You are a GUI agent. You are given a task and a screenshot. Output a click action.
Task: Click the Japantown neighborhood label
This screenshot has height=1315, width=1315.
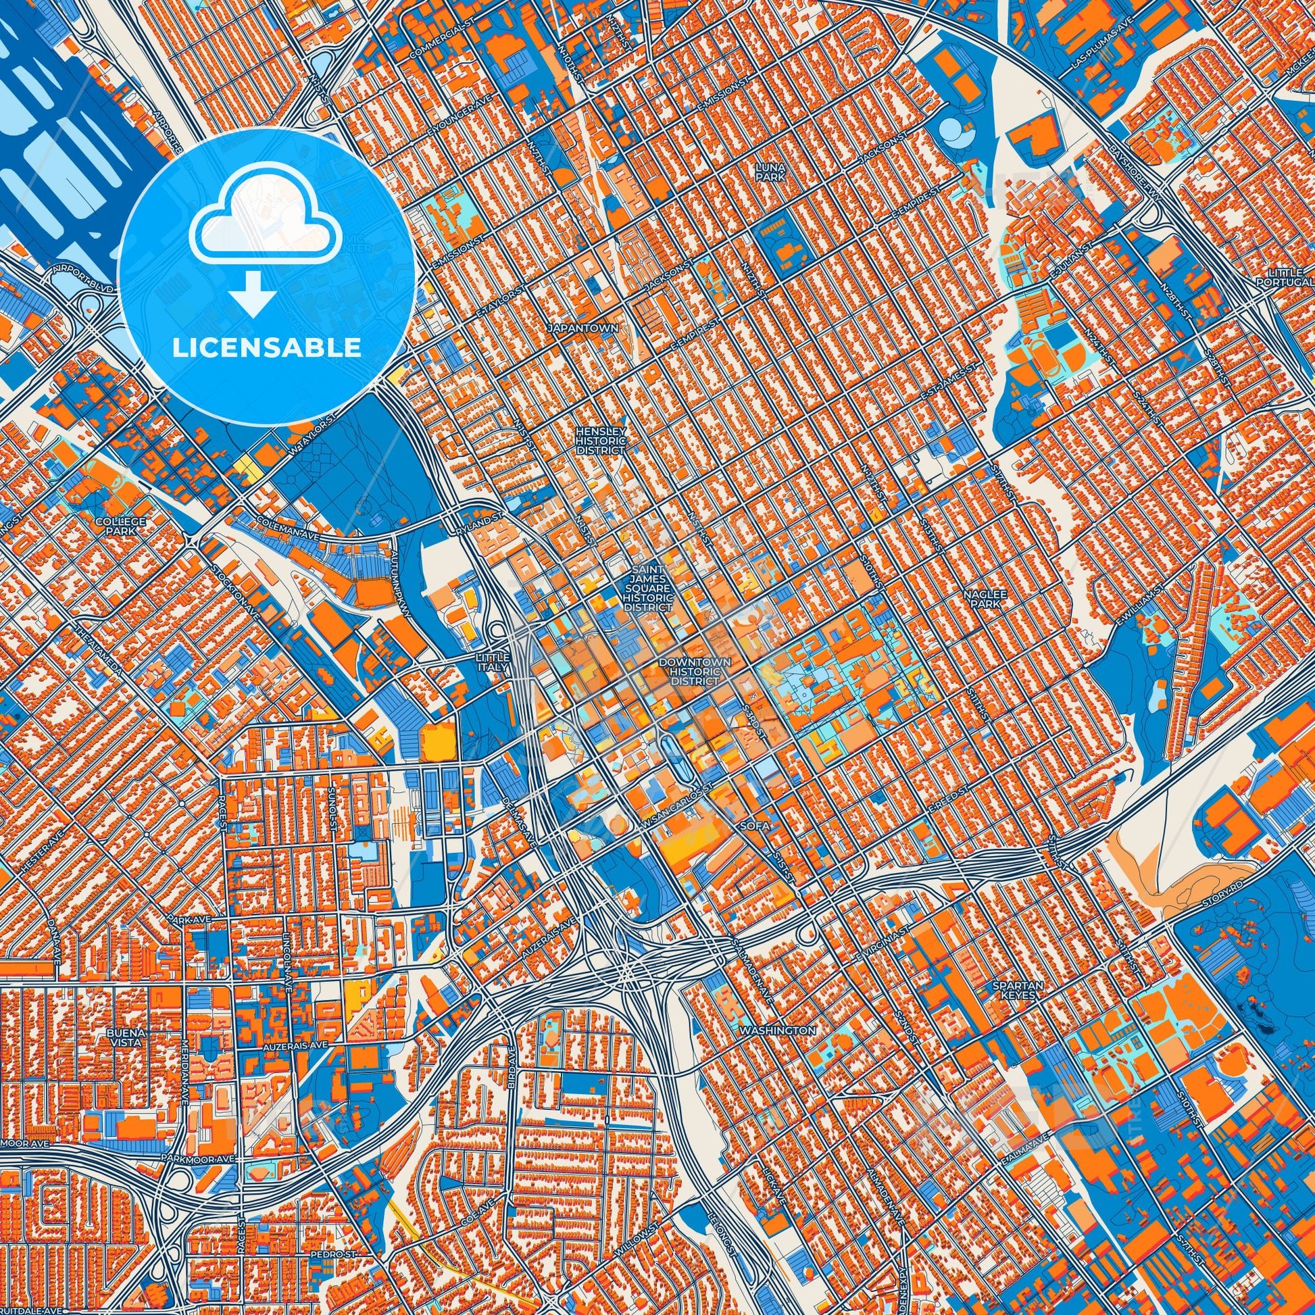[582, 328]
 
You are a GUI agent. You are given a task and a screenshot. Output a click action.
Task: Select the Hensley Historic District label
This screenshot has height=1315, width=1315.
[599, 441]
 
